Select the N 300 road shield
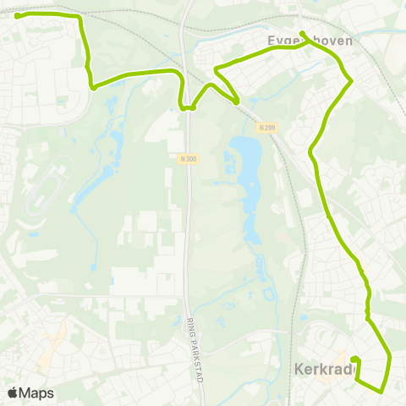pos(188,158)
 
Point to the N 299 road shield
pos(266,127)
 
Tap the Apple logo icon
pos(13,392)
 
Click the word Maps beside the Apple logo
pos(36,392)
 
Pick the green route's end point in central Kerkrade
pos(354,360)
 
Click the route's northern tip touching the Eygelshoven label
pos(303,34)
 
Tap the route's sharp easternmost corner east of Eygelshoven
pos(351,80)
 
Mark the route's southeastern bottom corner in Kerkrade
pos(381,391)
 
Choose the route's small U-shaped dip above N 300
pos(187,107)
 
